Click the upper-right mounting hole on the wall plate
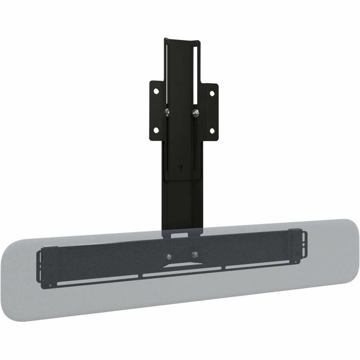tap(212, 93)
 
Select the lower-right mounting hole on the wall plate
tap(212, 131)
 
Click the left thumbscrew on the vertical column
tap(167, 111)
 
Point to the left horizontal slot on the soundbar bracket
tap(96, 280)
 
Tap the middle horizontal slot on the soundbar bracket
tap(182, 273)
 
